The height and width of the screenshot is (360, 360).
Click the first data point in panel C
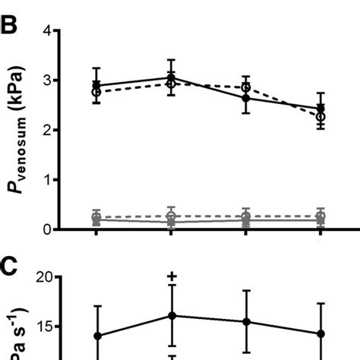(96, 336)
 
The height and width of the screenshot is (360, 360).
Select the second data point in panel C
(172, 316)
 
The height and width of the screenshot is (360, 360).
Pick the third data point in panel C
(246, 322)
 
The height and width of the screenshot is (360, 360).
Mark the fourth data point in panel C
(321, 333)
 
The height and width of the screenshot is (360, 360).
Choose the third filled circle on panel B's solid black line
(246, 99)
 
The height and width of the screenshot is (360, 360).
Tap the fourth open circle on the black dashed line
(321, 117)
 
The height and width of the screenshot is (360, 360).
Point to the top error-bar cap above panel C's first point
(96, 306)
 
